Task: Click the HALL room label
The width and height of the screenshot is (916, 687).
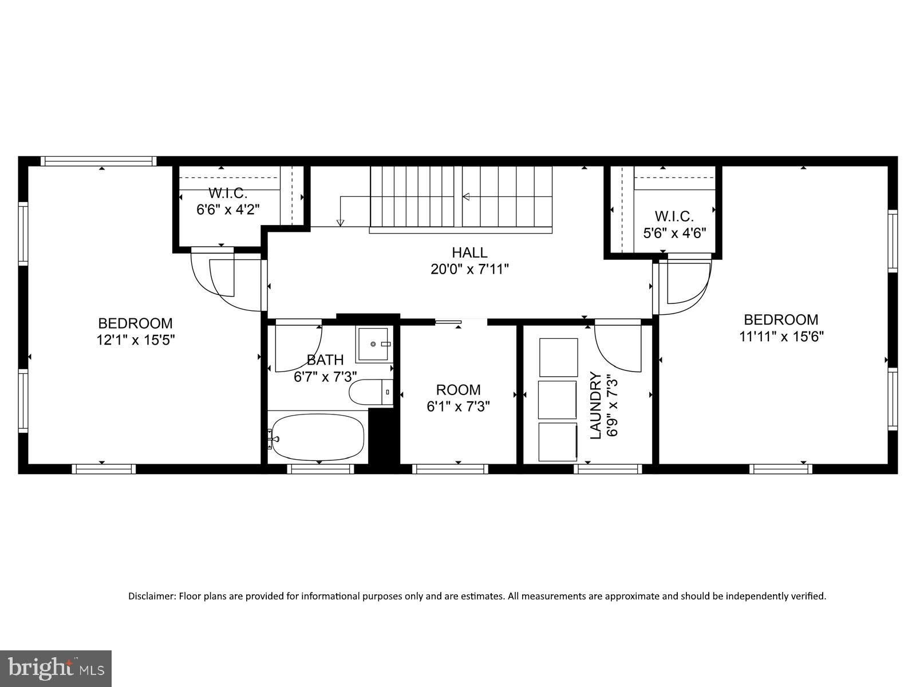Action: pyautogui.click(x=469, y=252)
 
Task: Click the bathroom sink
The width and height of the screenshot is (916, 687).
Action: pyautogui.click(x=374, y=344)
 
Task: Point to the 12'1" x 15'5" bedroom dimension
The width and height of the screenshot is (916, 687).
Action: pyautogui.click(x=135, y=340)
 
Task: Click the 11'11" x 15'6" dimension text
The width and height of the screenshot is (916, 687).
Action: pyautogui.click(x=781, y=336)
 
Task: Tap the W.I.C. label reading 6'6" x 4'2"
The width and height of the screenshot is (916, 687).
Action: pyautogui.click(x=228, y=202)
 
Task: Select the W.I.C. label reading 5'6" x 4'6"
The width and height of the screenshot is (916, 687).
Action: pyautogui.click(x=674, y=225)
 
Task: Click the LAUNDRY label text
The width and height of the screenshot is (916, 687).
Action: pyautogui.click(x=596, y=405)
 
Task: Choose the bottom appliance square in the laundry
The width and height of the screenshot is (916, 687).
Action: pyautogui.click(x=558, y=441)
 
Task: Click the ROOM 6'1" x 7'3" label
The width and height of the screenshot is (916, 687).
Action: pyautogui.click(x=458, y=398)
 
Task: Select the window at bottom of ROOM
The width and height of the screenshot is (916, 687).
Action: pyautogui.click(x=450, y=469)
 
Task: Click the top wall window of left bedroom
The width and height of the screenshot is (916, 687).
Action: pyautogui.click(x=98, y=161)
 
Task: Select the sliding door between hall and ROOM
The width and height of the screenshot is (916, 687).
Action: pyautogui.click(x=448, y=322)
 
